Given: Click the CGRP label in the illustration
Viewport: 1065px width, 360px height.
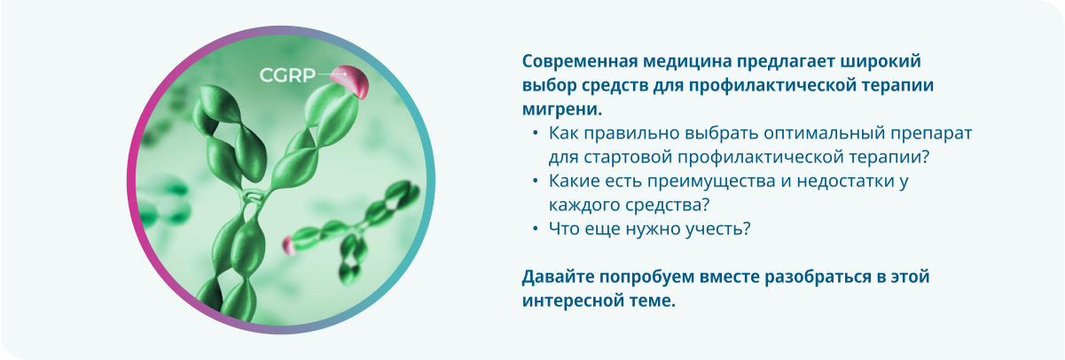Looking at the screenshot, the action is click(287, 75).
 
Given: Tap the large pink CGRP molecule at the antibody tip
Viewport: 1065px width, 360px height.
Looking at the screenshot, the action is click(350, 82).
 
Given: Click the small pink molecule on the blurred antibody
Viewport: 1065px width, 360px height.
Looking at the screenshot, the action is click(288, 245).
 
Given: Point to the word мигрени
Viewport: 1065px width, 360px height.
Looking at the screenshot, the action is click(562, 110).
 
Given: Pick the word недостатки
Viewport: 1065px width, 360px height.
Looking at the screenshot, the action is click(845, 181).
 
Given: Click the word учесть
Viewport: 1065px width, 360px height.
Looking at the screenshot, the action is click(717, 230).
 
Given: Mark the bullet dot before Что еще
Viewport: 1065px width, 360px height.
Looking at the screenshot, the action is click(536, 230).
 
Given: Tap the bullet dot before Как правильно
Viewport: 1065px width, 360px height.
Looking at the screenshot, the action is click(536, 134).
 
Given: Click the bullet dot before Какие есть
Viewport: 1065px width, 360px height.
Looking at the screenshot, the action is click(536, 181).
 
